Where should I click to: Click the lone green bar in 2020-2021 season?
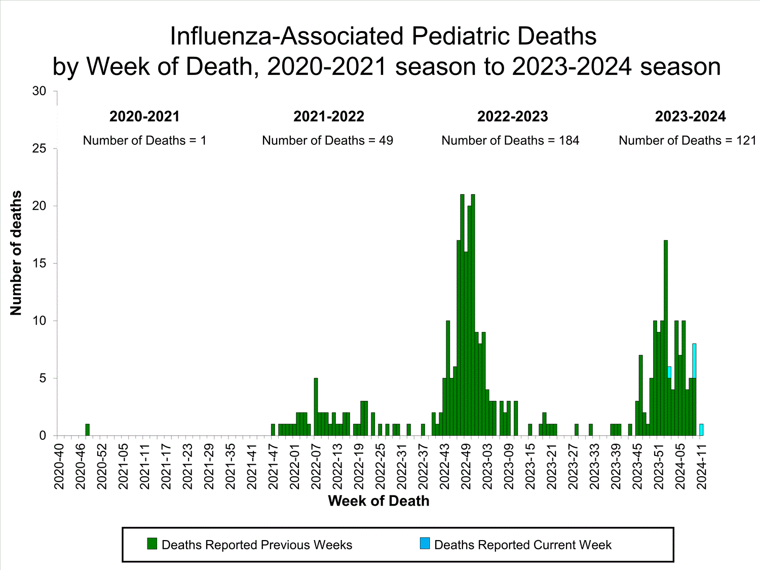click(88, 430)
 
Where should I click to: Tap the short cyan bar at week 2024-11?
click(701, 430)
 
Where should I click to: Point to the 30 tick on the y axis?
click(39, 91)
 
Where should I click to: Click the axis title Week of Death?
click(378, 501)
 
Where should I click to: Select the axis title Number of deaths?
click(16, 253)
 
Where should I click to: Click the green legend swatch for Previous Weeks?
click(152, 544)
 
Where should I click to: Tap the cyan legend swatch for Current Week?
click(425, 544)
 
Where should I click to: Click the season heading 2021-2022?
click(329, 117)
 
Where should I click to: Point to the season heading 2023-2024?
click(690, 117)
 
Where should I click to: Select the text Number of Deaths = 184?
click(510, 140)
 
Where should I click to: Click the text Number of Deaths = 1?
click(145, 140)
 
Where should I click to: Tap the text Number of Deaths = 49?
click(327, 140)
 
